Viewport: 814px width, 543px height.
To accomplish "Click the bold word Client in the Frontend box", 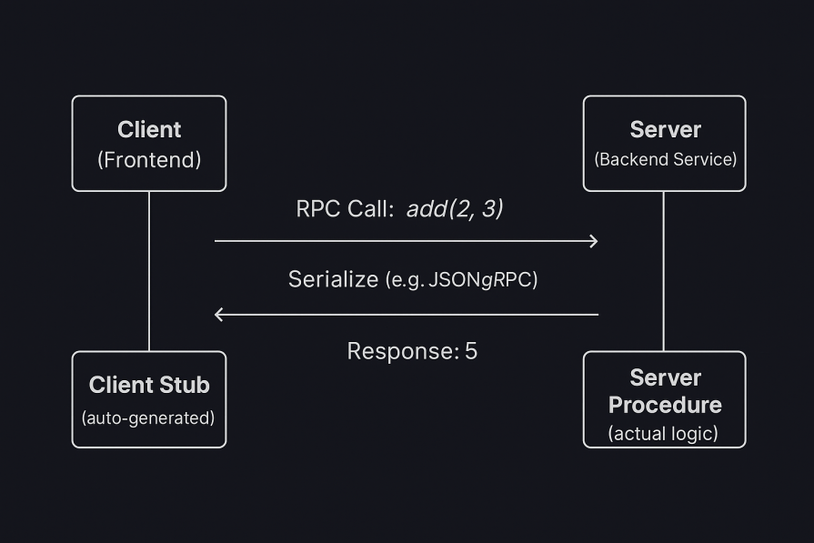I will [x=149, y=129].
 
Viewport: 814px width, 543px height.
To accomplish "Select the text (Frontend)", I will [x=149, y=160].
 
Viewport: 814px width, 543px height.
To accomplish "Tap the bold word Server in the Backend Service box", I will [x=665, y=129].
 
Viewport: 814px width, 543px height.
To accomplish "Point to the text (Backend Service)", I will [x=665, y=159].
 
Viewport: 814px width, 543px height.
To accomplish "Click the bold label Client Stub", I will [x=149, y=385].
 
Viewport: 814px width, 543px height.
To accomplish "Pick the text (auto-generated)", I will [x=148, y=418].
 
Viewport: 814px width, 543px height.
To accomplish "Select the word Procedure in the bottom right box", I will [x=665, y=405].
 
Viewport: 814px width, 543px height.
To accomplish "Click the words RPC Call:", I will [x=345, y=209].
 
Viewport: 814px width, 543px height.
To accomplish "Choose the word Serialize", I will [x=333, y=279].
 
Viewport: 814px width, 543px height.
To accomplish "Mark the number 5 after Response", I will [x=471, y=351].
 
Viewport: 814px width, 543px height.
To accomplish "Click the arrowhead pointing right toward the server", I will [x=594, y=241].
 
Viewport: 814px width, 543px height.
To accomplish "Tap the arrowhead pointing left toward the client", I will [x=218, y=315].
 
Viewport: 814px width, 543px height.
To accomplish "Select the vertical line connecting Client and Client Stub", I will [x=149, y=271].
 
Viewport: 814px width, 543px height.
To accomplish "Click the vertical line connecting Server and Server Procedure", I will [x=663, y=271].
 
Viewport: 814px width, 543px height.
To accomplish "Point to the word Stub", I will [x=186, y=385].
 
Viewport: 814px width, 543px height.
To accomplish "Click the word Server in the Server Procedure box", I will [x=665, y=377].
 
